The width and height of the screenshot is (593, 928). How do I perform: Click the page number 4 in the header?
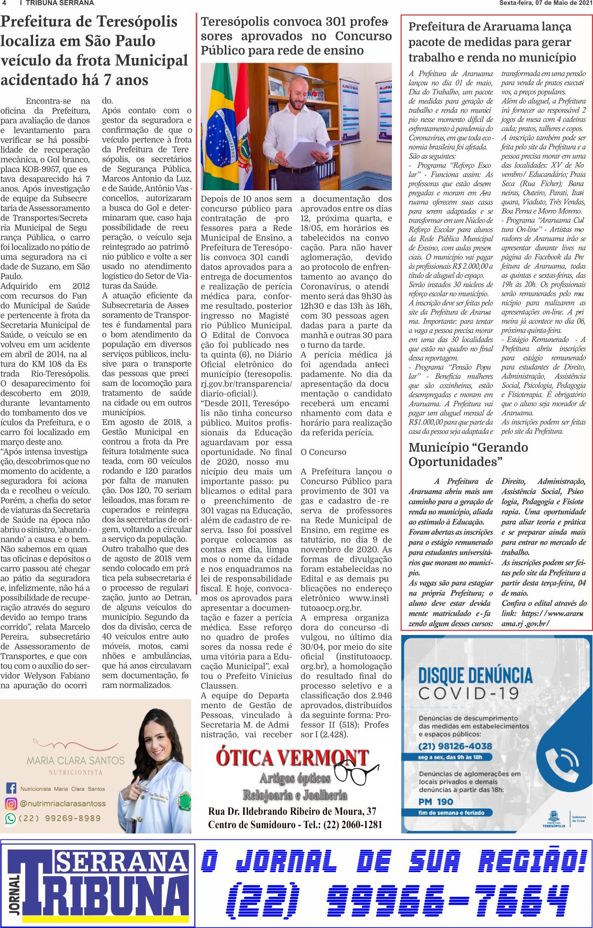pos(4,3)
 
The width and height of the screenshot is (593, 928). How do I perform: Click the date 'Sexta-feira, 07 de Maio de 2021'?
pos(545,3)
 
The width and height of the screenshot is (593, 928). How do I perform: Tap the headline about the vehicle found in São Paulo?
pos(94,50)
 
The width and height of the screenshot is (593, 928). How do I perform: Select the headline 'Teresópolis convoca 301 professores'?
pos(296,36)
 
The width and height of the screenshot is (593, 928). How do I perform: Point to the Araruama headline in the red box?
pos(492,42)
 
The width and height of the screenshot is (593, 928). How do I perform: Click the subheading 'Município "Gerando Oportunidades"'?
pos(468,454)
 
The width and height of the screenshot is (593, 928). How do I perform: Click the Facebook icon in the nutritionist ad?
pos(11,789)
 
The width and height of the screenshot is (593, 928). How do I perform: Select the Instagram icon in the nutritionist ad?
pos(11,803)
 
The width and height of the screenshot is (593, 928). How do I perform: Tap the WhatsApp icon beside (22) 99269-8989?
pos(10,818)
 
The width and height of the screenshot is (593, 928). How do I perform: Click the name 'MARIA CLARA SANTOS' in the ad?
pos(76,760)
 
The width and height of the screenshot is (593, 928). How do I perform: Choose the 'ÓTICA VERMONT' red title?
pos(292,758)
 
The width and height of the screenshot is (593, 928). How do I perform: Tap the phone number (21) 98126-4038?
pos(455,746)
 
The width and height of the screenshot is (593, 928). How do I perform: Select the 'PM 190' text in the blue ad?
pos(436,801)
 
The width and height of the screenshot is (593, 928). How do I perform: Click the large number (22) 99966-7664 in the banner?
pos(397,900)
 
